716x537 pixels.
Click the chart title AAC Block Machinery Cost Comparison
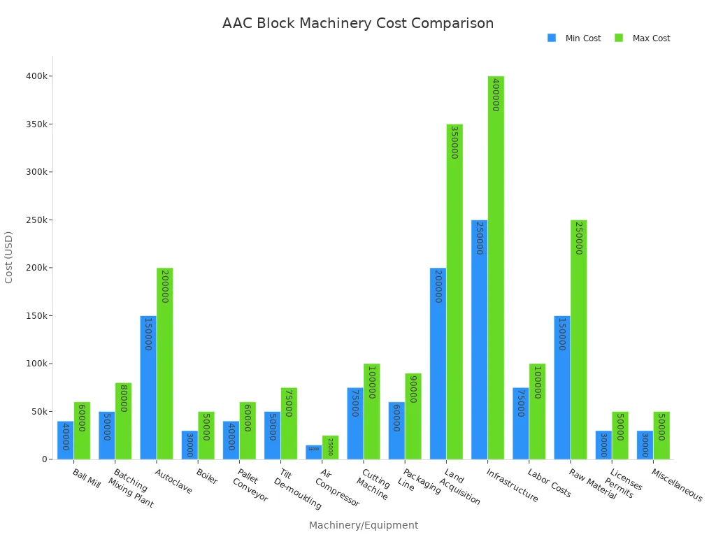[357, 24]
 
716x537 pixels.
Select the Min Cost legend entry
[574, 38]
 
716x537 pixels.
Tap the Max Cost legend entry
[642, 38]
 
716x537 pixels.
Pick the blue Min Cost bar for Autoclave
[148, 387]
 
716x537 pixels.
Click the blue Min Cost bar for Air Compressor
[313, 452]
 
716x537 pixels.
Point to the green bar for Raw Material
[578, 340]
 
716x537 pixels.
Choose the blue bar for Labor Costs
[520, 424]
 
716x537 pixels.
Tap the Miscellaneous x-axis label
[677, 485]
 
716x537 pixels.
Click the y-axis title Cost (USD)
[9, 257]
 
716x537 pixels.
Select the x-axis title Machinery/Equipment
[364, 525]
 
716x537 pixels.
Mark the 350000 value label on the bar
[454, 143]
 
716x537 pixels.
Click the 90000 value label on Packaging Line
[413, 389]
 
